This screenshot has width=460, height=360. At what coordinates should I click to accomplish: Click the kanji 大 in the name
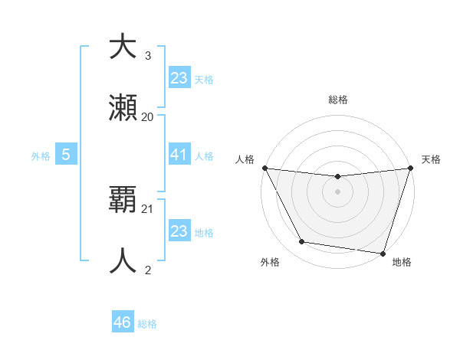coord(123,47)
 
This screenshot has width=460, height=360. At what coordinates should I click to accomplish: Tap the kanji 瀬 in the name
coord(123,110)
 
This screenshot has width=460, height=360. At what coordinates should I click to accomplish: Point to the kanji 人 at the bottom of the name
coord(123,260)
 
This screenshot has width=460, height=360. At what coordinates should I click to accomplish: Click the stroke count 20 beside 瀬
coord(148,116)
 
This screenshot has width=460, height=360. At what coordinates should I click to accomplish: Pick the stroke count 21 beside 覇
coord(148,208)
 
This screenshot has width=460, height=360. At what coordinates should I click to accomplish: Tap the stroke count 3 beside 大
coord(148,55)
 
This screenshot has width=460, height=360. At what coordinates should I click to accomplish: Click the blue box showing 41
coord(179,155)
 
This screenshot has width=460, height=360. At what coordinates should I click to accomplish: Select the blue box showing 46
coord(123,322)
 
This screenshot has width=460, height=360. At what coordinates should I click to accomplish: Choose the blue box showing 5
coord(67,155)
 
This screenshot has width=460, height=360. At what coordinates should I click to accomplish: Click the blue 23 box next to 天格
coord(179,78)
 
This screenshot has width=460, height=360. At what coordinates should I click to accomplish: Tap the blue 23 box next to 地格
coord(179,231)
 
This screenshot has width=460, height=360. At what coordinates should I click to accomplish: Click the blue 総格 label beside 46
coord(147,324)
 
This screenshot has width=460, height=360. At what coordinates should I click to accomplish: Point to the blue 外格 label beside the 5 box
coord(41,156)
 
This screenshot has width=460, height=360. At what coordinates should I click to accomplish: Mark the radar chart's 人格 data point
coord(264,168)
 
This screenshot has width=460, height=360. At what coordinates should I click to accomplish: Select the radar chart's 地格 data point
coord(383,254)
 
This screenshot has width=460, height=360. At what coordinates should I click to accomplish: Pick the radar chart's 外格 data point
coord(302,242)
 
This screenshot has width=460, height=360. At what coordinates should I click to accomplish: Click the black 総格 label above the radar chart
coord(337,100)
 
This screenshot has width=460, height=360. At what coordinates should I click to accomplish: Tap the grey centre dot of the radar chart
coord(337,191)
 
